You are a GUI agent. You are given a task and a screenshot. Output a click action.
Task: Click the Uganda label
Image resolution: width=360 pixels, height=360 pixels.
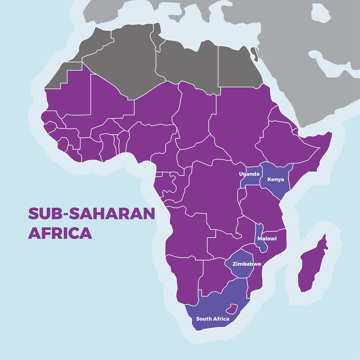pyautogui.click(x=249, y=174)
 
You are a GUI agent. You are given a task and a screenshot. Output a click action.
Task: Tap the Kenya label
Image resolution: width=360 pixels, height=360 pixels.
pyautogui.click(x=275, y=179)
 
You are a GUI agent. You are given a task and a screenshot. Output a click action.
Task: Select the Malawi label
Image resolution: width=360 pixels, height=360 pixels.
pyautogui.click(x=268, y=239)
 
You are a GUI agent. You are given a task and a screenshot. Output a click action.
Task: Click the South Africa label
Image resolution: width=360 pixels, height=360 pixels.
pyautogui.click(x=212, y=319)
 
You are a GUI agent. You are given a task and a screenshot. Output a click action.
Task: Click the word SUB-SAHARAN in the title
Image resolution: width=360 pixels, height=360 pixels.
pyautogui.click(x=91, y=214)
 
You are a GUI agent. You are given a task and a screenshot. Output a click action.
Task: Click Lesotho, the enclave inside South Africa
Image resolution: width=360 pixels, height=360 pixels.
pyautogui.click(x=233, y=308)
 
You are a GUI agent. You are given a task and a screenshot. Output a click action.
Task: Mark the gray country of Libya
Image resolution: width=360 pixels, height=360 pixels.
pyautogui.click(x=186, y=65)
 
